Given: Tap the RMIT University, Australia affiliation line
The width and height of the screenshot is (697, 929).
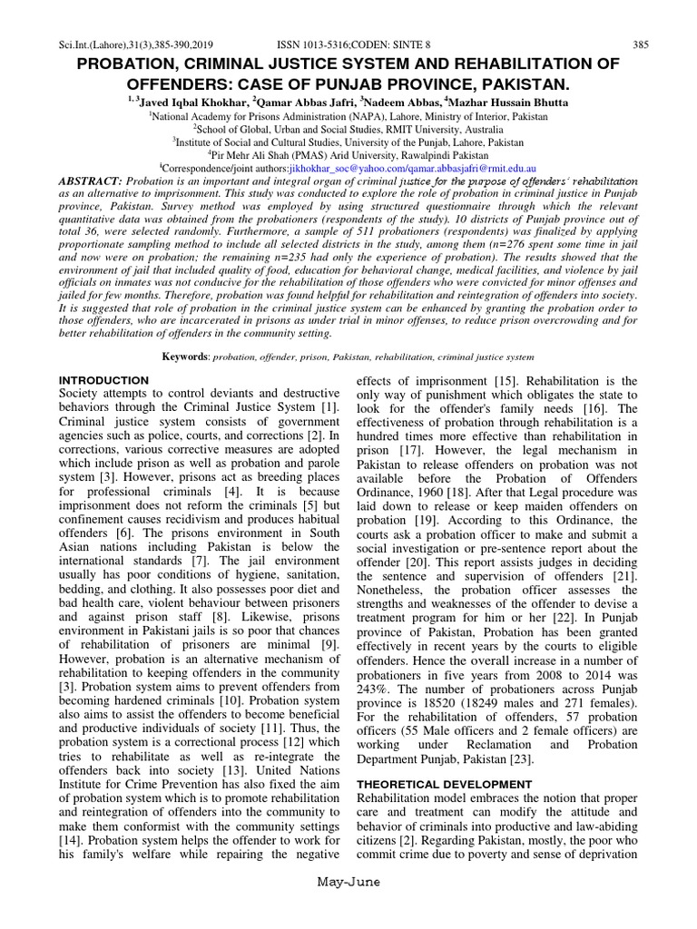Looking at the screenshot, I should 348,129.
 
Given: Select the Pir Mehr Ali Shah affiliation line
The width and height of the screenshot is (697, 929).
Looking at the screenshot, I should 348,154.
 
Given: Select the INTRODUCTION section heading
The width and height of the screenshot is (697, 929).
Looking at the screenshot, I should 103,379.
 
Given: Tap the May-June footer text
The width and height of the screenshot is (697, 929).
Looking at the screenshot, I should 348,907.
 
